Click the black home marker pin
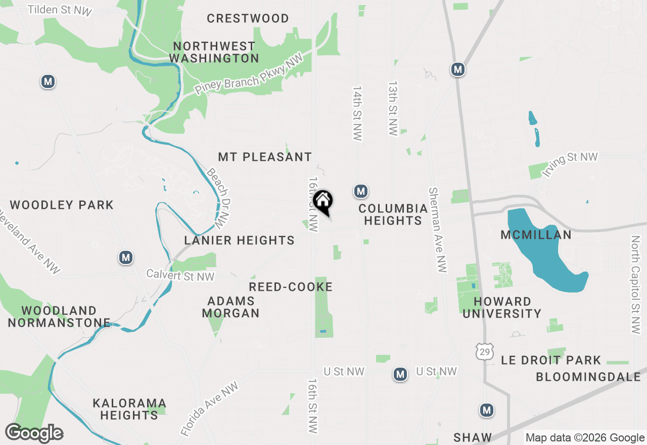323,201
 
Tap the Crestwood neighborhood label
248,19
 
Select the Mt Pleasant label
265,157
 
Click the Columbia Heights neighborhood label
393,214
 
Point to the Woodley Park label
62,205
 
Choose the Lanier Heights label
239,240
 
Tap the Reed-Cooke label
291,287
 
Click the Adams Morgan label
231,307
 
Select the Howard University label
502,307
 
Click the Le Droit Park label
551,360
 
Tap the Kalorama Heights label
129,409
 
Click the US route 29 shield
485,351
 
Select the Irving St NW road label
570,164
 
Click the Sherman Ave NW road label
438,230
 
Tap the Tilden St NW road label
61,10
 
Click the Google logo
34,433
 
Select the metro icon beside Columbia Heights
360,191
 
